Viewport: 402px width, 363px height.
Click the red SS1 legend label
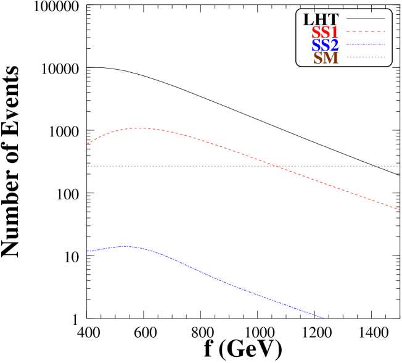[325, 33]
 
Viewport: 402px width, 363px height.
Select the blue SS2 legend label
[325, 46]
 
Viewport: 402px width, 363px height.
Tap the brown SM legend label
[326, 59]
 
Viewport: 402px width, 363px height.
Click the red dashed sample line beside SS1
[365, 31]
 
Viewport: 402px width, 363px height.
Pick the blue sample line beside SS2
[365, 44]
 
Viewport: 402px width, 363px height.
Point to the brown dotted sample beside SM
[365, 57]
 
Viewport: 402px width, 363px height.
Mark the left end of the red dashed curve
[87, 144]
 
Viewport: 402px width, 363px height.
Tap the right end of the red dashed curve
[400, 210]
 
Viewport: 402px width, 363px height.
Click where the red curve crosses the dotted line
[277, 166]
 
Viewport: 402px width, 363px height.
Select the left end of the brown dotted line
[88, 166]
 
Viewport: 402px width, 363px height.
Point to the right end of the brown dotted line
[400, 166]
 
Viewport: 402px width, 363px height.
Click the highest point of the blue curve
[127, 246]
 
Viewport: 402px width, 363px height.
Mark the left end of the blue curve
[87, 251]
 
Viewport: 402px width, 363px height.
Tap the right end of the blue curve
[323, 318]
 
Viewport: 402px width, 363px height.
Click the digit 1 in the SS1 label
[334, 33]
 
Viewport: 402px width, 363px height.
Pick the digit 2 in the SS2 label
[334, 46]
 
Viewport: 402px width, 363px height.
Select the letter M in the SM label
[332, 59]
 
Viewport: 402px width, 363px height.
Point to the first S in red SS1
[316, 33]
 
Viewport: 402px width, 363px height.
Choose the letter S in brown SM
[318, 59]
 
